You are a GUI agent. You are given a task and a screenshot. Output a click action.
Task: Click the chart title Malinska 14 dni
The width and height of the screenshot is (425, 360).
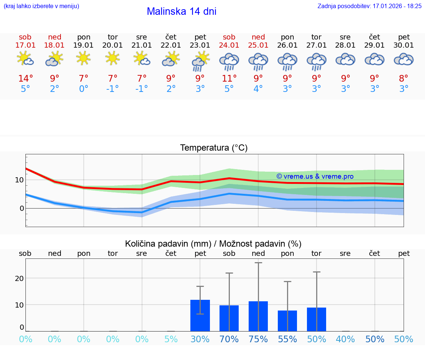point(182,11)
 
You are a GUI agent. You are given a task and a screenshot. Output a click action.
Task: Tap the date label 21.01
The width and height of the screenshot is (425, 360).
point(142,45)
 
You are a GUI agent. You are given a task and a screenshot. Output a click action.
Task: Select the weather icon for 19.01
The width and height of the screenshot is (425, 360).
point(84,58)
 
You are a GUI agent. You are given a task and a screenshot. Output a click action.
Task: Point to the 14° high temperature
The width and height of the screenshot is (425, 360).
point(25,79)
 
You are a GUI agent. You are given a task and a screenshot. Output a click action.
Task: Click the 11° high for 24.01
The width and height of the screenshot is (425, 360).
point(229,79)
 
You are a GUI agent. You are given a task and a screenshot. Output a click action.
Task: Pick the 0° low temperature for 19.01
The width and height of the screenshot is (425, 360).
point(84,89)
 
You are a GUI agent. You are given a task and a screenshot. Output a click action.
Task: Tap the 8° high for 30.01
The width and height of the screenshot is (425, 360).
point(404,79)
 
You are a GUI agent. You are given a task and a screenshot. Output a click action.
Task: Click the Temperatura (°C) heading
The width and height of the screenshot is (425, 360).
point(214,148)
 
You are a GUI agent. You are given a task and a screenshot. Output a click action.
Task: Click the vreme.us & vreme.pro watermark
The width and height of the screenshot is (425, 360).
point(315,176)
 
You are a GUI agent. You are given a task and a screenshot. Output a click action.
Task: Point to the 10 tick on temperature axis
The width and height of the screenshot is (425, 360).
point(19,180)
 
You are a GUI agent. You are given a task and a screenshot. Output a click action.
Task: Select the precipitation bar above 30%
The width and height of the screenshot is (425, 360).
point(200,316)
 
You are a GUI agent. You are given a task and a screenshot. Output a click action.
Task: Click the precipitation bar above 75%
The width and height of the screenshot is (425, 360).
point(258,316)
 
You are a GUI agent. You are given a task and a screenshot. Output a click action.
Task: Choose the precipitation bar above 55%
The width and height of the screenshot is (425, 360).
point(287,321)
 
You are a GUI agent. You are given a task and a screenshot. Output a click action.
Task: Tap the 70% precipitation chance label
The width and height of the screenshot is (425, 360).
point(229,339)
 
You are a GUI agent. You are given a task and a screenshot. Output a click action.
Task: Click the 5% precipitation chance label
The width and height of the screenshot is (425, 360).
point(171,339)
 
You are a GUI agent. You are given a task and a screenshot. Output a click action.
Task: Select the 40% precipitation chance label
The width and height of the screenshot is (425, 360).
point(346,339)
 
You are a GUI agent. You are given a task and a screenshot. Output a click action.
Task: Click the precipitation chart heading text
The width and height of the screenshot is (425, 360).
point(213,244)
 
